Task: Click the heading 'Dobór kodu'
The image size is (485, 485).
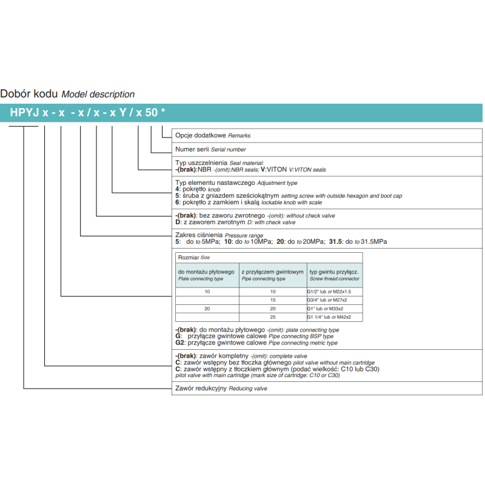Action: point(29,94)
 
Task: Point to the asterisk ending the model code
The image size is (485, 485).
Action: point(163,112)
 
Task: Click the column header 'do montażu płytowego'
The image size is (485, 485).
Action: point(206,272)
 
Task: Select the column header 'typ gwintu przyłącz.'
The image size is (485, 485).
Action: point(334,272)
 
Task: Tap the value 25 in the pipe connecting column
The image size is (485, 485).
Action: point(273,317)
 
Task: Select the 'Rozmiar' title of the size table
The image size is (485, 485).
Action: point(188,258)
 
